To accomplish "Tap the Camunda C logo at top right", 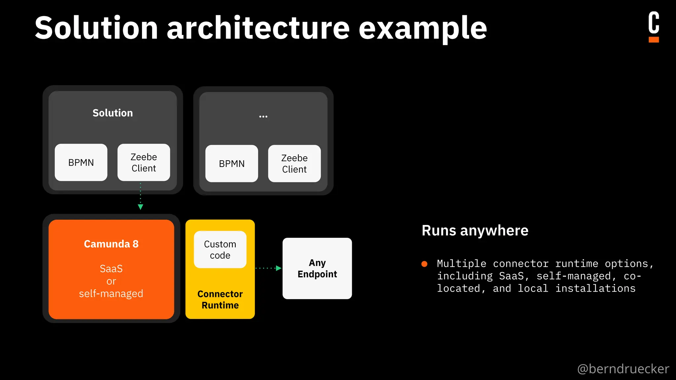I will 654,26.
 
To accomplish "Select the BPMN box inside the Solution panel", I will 81,162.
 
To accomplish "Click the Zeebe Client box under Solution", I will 144,162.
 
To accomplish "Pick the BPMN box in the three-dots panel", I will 231,164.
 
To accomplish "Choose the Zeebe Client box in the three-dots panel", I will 294,164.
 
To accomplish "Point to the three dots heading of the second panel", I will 263,116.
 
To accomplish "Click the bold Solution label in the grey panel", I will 113,113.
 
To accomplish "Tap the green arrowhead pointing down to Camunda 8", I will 140,207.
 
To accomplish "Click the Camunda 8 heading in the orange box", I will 111,244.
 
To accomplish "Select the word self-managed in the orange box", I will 111,293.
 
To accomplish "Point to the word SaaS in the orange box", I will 111,269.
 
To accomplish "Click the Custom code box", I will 220,249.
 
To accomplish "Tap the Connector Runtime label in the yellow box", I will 220,300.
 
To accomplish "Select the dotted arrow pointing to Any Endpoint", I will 268,268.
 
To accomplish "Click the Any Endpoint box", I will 317,268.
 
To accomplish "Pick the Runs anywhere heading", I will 475,230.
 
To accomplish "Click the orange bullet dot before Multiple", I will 424,264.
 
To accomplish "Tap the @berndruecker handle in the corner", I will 623,368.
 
